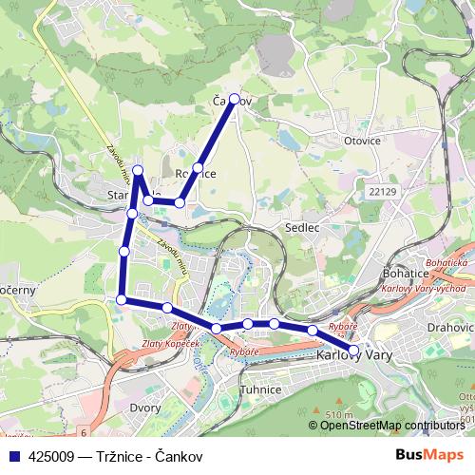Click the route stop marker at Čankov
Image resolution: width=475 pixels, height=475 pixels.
tap(235, 98)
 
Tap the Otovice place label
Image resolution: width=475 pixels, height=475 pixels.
tap(361, 141)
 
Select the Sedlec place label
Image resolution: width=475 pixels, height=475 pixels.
tap(300, 229)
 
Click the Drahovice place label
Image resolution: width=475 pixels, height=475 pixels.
tap(450, 327)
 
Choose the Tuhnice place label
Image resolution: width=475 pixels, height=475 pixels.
tap(259, 389)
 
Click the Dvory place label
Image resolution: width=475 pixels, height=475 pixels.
tap(144, 408)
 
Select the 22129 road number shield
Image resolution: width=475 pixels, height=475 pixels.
tap(380, 191)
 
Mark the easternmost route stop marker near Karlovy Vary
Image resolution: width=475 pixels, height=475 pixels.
tap(354, 351)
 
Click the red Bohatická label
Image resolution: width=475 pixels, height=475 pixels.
tap(447, 260)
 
